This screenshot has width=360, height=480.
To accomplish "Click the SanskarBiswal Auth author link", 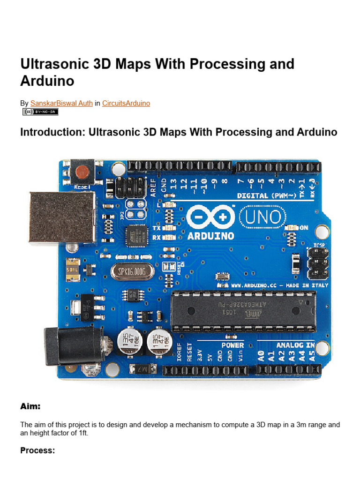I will click(61, 103).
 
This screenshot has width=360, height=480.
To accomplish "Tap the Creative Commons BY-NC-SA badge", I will click(40, 112).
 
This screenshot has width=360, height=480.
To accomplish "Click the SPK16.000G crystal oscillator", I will click(133, 272).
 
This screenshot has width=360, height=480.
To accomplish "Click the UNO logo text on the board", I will click(262, 217).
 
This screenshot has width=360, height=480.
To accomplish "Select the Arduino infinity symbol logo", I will click(210, 217).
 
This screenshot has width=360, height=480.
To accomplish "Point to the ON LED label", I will click(304, 227).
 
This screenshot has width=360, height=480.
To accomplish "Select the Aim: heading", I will click(30, 406).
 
